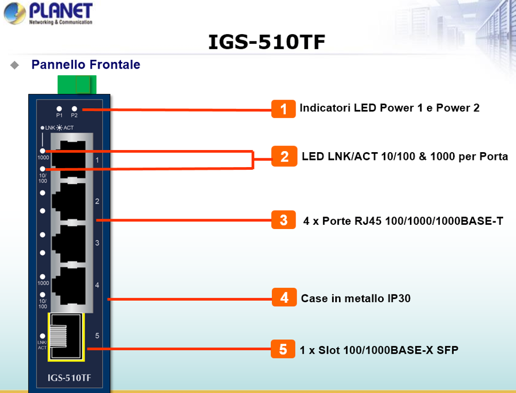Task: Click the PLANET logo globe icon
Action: [x=14, y=13]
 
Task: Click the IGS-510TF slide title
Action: [x=267, y=42]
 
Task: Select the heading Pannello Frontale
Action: [x=85, y=64]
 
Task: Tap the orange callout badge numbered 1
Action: [x=283, y=109]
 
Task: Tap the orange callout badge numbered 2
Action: [x=284, y=156]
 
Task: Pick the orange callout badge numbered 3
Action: [x=283, y=220]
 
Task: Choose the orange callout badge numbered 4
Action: [x=284, y=298]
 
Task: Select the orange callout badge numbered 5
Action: [x=283, y=349]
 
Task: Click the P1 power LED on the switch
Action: [x=59, y=108]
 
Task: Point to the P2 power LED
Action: [x=74, y=108]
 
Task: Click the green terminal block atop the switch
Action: [x=77, y=85]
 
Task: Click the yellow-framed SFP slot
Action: [x=66, y=337]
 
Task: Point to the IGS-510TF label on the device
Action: [x=70, y=378]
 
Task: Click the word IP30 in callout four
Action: [x=399, y=298]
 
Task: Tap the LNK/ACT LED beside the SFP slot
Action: [x=42, y=336]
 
